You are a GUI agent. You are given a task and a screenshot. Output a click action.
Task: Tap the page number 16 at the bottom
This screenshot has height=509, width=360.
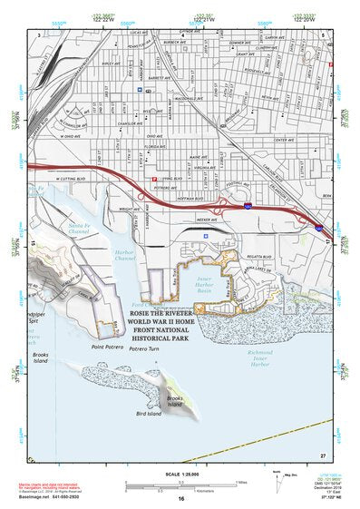pos(180,498)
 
